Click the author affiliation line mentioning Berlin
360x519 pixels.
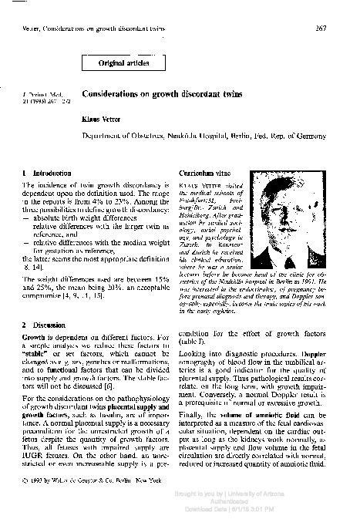pyautogui.click(x=204, y=134)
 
